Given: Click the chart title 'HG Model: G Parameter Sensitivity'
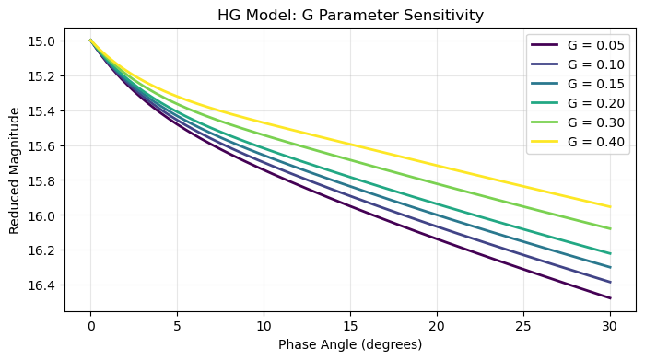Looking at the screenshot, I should [350, 15].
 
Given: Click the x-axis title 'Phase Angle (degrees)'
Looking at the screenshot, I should [350, 346].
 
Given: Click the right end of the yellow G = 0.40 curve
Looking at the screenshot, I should [610, 206].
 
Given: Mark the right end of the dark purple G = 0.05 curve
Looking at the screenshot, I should [610, 298].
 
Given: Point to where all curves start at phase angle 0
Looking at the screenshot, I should [90, 40].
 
